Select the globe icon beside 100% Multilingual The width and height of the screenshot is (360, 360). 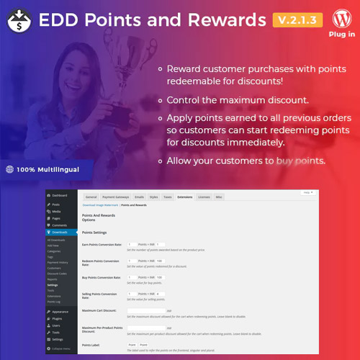click(9, 170)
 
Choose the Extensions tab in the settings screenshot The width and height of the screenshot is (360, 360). click(184, 196)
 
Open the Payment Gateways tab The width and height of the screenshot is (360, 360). click(114, 196)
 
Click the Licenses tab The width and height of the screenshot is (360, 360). click(204, 196)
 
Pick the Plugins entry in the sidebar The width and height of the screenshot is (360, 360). click(58, 318)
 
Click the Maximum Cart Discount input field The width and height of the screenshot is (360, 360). click(145, 310)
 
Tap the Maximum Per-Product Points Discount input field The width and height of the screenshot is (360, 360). click(145, 328)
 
